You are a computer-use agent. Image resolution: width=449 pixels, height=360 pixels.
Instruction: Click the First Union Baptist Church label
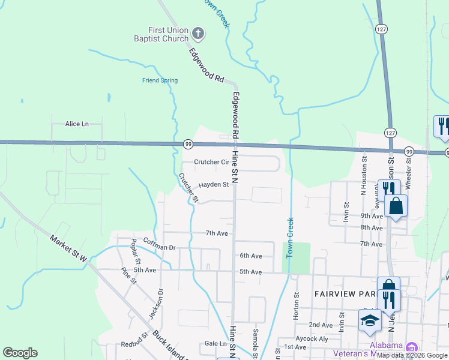pyautogui.click(x=169, y=34)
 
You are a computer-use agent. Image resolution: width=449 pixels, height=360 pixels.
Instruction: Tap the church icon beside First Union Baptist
pyautogui.click(x=199, y=34)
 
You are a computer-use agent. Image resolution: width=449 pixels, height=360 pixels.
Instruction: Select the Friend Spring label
pyautogui.click(x=160, y=80)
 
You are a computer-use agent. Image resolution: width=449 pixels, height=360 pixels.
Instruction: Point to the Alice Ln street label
pyautogui.click(x=77, y=124)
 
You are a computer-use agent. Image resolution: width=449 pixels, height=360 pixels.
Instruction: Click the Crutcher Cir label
pyautogui.click(x=212, y=162)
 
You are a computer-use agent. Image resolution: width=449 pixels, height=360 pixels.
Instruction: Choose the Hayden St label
pyautogui.click(x=214, y=185)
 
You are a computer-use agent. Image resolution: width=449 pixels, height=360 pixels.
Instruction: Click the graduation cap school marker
pyautogui.click(x=370, y=322)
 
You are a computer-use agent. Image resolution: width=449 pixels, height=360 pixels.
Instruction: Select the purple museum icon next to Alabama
pyautogui.click(x=412, y=347)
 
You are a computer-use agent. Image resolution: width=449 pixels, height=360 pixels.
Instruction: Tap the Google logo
pyautogui.click(x=20, y=353)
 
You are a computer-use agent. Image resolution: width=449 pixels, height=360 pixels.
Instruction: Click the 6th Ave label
pyautogui.click(x=251, y=256)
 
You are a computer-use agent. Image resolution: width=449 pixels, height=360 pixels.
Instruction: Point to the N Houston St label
pyautogui.click(x=364, y=172)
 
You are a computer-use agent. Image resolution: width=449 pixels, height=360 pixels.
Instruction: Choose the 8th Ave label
pyautogui.click(x=372, y=228)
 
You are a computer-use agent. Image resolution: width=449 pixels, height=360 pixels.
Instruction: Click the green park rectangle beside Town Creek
pyautogui.click(x=297, y=257)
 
